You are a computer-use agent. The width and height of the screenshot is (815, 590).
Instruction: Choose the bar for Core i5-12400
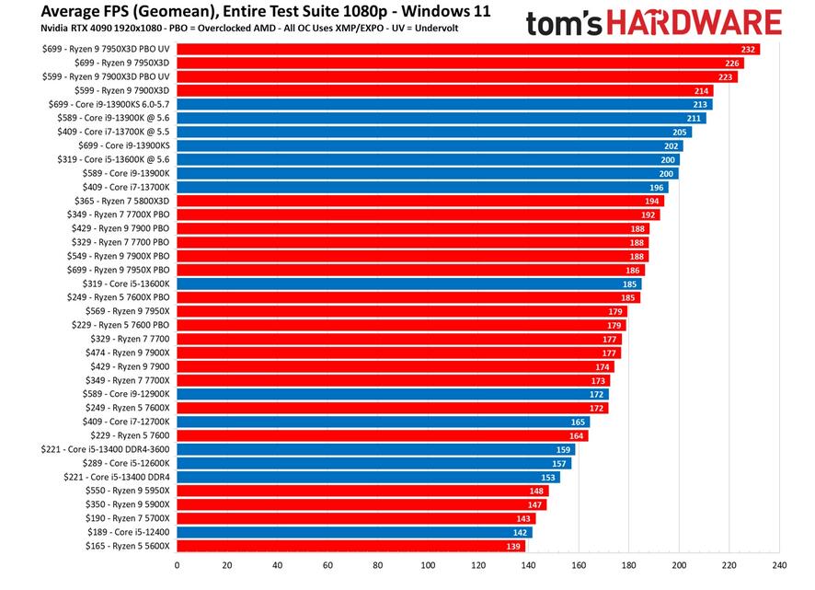(x=354, y=532)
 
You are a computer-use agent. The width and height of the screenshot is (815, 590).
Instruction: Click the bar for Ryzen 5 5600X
(x=350, y=546)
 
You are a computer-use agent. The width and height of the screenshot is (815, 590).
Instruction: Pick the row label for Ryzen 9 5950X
(x=129, y=491)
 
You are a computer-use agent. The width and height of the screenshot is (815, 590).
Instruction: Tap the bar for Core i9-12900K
(x=392, y=394)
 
